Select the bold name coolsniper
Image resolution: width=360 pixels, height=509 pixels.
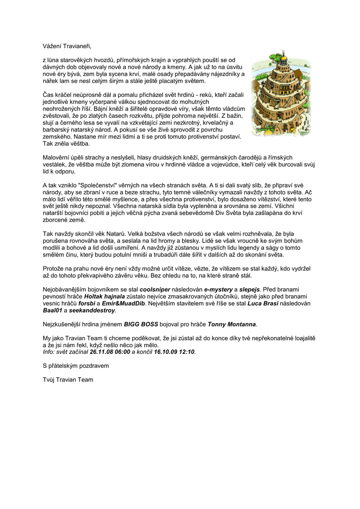tap(155, 289)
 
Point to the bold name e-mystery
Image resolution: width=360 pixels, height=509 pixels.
tap(219, 289)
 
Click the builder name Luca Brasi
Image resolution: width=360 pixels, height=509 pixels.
tap(263, 303)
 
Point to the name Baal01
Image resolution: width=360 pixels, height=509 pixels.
tap(53, 311)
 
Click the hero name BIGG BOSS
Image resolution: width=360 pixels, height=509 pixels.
tap(141, 325)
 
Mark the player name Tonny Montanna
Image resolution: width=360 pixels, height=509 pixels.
tap(232, 325)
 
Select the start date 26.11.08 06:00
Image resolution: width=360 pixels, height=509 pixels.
tap(109, 352)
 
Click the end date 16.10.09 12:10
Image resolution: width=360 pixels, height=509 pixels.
tap(175, 352)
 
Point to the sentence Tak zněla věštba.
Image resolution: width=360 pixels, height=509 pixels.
tap(66, 144)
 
